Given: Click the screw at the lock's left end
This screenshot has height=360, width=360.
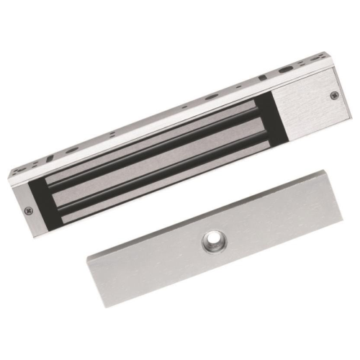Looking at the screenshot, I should (x=28, y=211).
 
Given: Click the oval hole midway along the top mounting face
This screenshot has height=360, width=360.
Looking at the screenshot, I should (x=210, y=96).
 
